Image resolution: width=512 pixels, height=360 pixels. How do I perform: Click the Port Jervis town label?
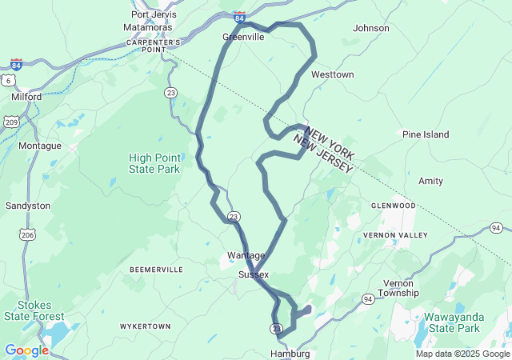153,14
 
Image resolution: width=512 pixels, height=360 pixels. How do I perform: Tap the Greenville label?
243,37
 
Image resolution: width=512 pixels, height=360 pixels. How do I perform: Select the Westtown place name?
332,74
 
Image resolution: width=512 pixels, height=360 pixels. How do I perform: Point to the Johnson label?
370,28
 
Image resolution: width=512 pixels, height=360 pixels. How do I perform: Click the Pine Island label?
426,134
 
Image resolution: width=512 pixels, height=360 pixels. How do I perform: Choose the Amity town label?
430,182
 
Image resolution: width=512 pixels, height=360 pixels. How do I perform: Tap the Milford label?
26,97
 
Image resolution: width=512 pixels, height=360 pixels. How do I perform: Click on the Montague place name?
40,146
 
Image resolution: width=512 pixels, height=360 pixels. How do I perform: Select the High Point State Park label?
154,163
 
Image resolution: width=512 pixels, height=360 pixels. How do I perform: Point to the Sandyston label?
28,206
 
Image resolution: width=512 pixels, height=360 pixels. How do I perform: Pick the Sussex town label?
254,274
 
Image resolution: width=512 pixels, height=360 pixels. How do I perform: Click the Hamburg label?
290,353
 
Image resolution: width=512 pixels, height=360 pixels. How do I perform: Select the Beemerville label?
156,270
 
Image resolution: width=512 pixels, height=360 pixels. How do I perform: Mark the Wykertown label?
145,327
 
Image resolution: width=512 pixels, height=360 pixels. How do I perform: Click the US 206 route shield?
28,234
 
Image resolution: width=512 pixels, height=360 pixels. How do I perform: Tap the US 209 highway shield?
11,122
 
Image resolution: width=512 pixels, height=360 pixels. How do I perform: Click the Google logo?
26,350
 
